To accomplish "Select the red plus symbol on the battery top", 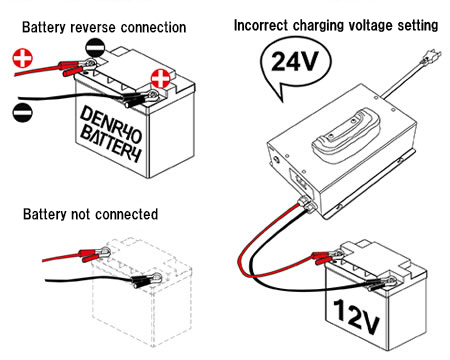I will click(159, 79).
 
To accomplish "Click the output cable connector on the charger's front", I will click(304, 207).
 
